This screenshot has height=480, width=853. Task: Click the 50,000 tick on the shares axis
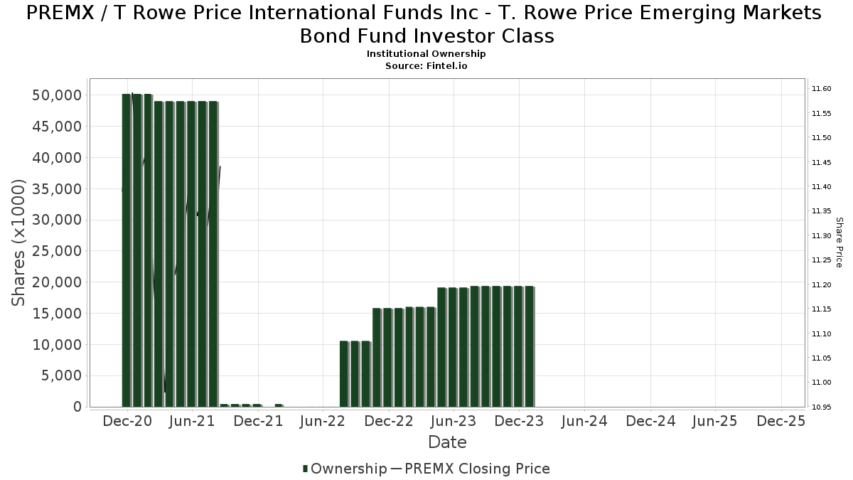tap(58, 95)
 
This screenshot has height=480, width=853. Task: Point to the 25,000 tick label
tap(58, 251)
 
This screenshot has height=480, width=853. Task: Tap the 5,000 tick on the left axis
tap(62, 375)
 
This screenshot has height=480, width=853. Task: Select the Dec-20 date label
tap(127, 421)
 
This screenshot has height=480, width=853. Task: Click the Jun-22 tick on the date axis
tap(323, 421)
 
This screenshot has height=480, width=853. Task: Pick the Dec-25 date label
tap(780, 421)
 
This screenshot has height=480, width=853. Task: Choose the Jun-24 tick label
tap(584, 421)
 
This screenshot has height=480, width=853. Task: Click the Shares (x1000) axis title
tap(19, 242)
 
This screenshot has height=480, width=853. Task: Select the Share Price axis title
tap(839, 242)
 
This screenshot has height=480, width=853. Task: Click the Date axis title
tap(447, 442)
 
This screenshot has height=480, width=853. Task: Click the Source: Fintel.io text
tap(426, 65)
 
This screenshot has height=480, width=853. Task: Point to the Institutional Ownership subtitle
tap(426, 54)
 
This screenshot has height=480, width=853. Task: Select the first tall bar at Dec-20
tap(127, 249)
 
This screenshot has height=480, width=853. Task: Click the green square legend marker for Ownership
tap(306, 469)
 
